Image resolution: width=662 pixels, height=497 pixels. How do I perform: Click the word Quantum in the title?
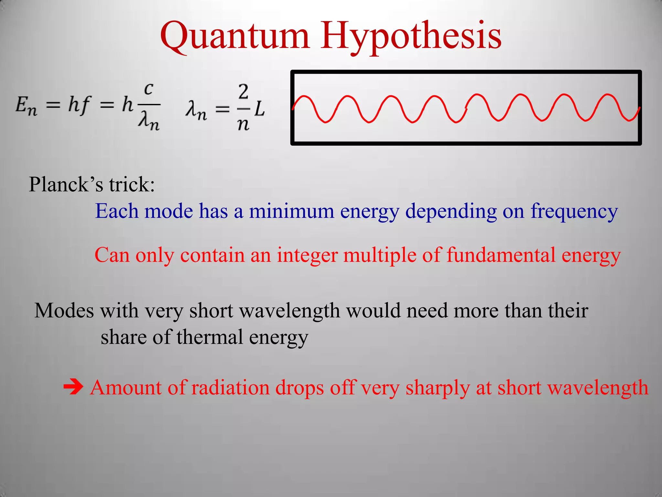[x=235, y=36]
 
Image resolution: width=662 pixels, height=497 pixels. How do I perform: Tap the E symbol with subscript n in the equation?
[x=26, y=106]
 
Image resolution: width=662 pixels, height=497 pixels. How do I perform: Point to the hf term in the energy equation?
[x=79, y=105]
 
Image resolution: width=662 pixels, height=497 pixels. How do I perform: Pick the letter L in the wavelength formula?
[x=259, y=109]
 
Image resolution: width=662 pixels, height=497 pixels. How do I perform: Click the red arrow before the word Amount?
[x=73, y=387]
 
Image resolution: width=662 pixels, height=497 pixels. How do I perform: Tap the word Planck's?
[x=66, y=185]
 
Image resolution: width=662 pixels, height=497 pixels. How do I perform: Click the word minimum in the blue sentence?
[x=292, y=211]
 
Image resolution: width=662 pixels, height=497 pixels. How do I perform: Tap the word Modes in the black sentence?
[x=64, y=311]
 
